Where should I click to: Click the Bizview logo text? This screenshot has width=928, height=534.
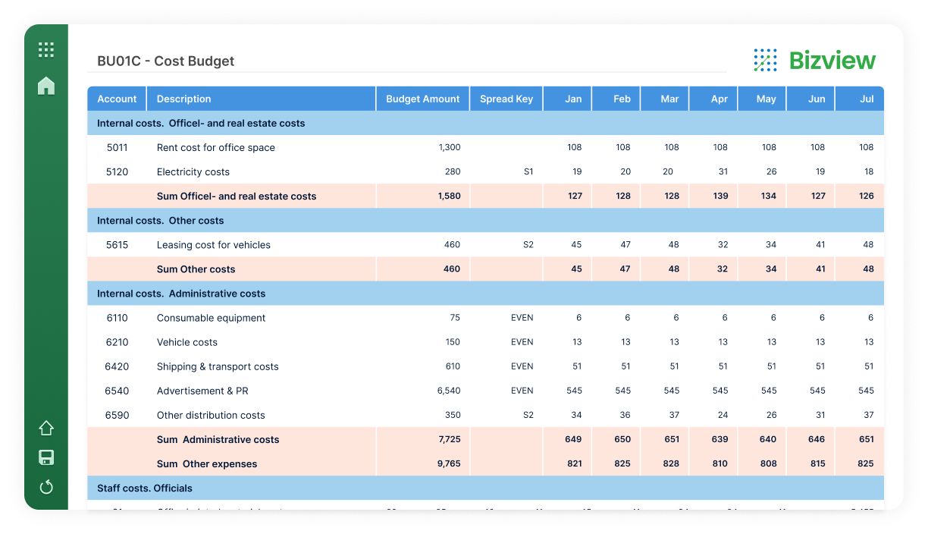[x=832, y=61]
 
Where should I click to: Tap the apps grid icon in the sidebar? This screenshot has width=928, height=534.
[x=46, y=50]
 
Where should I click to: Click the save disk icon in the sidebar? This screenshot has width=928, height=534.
[x=46, y=457]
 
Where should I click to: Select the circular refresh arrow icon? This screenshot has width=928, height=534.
[x=46, y=487]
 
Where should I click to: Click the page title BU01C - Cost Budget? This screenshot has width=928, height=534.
[x=165, y=61]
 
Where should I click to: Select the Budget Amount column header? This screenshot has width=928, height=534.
[x=422, y=99]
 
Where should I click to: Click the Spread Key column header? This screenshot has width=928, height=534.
[x=506, y=99]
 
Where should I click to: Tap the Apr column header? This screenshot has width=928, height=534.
[x=719, y=99]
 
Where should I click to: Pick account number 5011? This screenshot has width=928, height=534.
[x=117, y=147]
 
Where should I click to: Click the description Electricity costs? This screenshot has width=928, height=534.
[x=193, y=171]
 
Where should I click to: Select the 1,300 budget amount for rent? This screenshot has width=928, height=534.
[x=449, y=147]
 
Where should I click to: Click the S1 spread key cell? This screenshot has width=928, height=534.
[x=528, y=171]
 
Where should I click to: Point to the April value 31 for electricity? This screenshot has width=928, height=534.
[x=723, y=171]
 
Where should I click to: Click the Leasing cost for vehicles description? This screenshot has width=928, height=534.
[x=213, y=245]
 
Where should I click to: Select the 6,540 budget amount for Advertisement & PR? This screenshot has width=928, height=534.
[x=448, y=391]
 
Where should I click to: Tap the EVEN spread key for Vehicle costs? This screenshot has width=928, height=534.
[x=522, y=342]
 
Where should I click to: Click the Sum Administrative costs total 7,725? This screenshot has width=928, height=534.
[x=449, y=439]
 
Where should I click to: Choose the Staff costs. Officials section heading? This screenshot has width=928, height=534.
[x=144, y=488]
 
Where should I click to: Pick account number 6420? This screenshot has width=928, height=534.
[x=117, y=366]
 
